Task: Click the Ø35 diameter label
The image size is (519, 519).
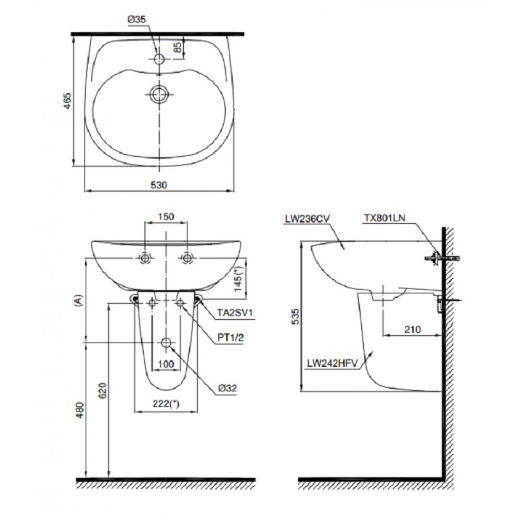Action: coord(136,20)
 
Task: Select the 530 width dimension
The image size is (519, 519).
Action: coord(159,185)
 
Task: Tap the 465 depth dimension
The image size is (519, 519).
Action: coord(67,101)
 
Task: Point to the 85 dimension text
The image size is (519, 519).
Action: coord(177,47)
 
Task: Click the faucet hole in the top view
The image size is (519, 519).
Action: coord(159,59)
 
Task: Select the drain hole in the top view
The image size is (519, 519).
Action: coord(159,94)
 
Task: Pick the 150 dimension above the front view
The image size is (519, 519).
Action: coord(166,216)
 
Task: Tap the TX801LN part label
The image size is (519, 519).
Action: coord(385,217)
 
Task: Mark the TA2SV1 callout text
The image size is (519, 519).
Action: coord(236,312)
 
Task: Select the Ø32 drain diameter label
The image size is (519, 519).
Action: coord(227,388)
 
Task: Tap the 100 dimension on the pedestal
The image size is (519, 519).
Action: coord(166,364)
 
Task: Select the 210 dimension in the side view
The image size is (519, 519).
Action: coord(413,330)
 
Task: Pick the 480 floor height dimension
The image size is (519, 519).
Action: coord(80,410)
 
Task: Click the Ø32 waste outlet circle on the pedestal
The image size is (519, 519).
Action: coord(166,343)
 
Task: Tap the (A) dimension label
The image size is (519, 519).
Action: coord(79,301)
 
